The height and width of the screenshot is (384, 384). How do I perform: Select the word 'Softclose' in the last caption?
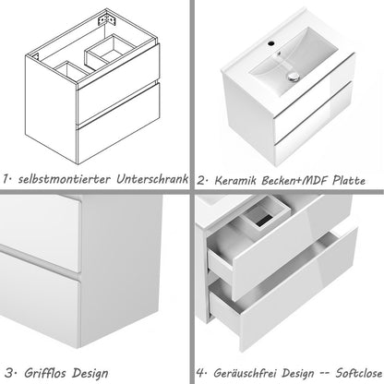pyautogui.click(x=352, y=373)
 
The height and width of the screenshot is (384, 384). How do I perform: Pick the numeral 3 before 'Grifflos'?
pyautogui.click(x=7, y=373)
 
